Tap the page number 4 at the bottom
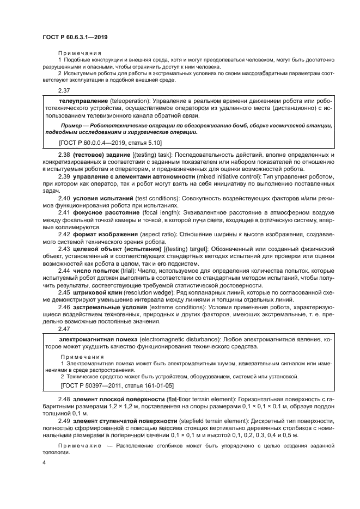[45, 462]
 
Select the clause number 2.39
[64, 177]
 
